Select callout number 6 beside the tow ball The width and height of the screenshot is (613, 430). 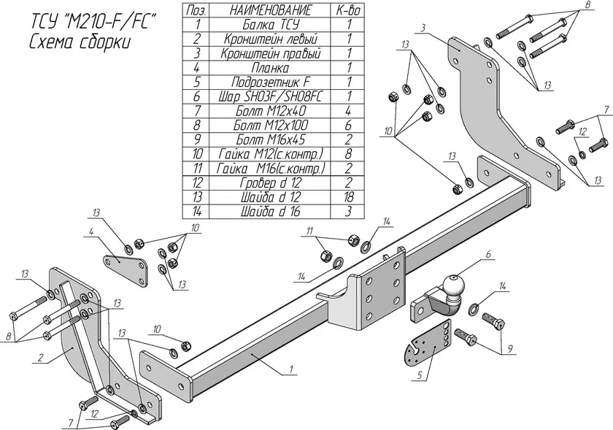click(489, 254)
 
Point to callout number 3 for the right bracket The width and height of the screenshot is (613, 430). click(423, 28)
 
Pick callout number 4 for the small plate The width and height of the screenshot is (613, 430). click(92, 232)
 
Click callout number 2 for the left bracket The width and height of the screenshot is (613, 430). click(42, 357)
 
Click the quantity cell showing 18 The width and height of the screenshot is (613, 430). click(349, 196)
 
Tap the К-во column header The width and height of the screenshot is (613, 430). click(349, 10)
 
